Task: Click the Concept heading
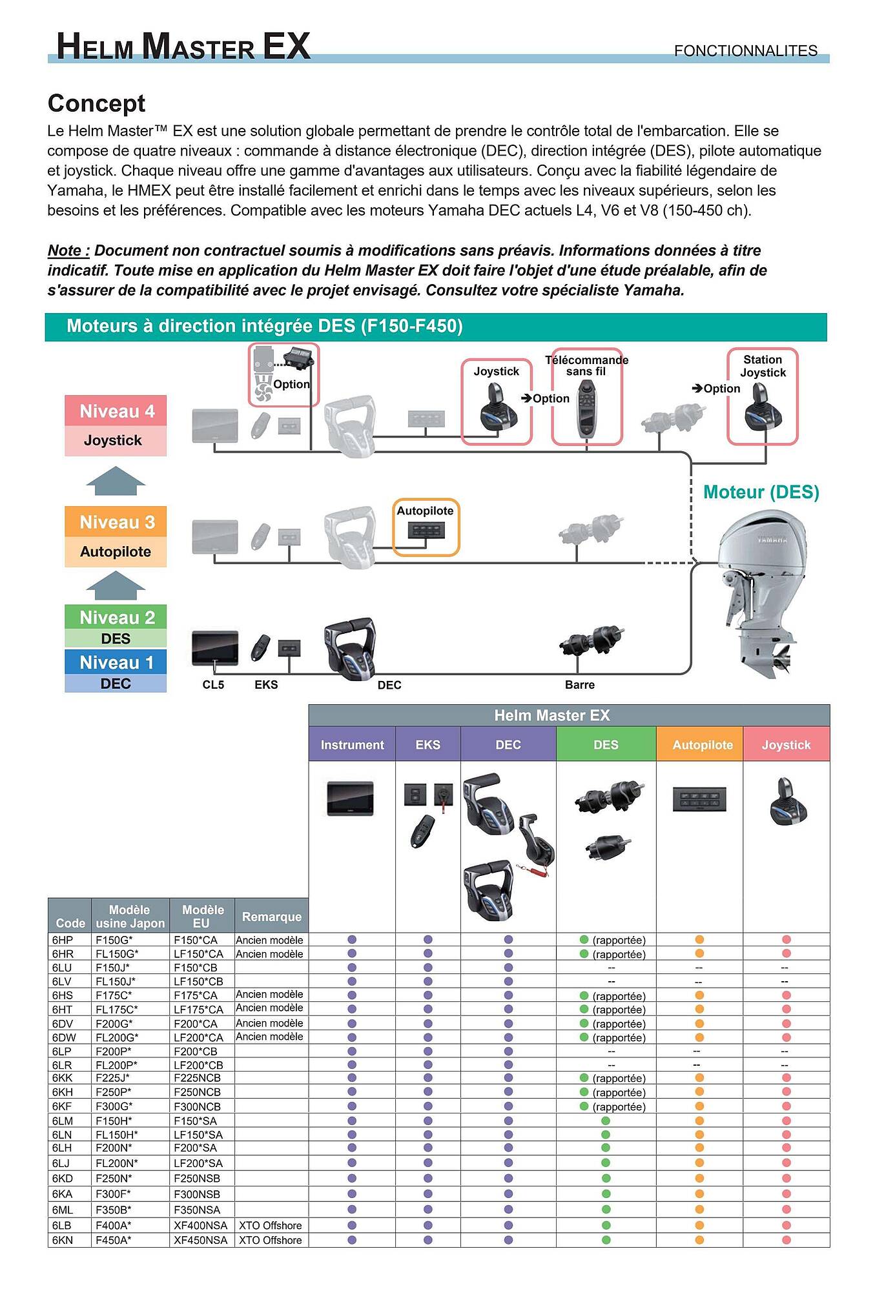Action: pos(96,103)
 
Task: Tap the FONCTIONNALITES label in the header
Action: pos(746,50)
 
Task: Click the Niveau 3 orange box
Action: pos(116,522)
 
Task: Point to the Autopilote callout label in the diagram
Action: pos(425,511)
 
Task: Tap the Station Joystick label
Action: pos(763,366)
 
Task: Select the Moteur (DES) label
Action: pos(761,493)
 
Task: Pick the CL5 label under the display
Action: pos(213,685)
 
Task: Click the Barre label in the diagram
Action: pos(580,685)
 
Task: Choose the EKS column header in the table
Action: pos(427,744)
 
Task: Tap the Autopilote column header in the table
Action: pos(703,744)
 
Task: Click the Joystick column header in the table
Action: pos(786,744)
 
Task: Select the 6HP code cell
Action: pos(63,940)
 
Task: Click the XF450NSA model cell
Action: pos(201,1240)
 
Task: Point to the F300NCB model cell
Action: pos(197,1106)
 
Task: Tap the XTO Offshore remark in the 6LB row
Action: pos(271,1225)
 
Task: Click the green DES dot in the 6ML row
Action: pos(606,1209)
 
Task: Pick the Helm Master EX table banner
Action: pos(552,715)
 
